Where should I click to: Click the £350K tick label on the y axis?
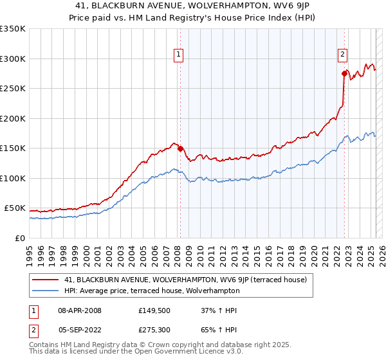click(x=13, y=29)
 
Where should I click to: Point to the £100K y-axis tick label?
click(x=13, y=178)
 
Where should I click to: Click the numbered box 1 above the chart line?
click(x=178, y=55)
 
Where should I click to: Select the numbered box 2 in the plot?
click(x=343, y=55)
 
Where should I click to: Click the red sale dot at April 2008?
click(x=179, y=148)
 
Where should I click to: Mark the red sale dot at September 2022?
click(x=345, y=74)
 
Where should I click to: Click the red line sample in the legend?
click(x=45, y=280)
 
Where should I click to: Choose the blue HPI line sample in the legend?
click(x=45, y=291)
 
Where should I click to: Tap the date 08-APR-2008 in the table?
click(x=79, y=310)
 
